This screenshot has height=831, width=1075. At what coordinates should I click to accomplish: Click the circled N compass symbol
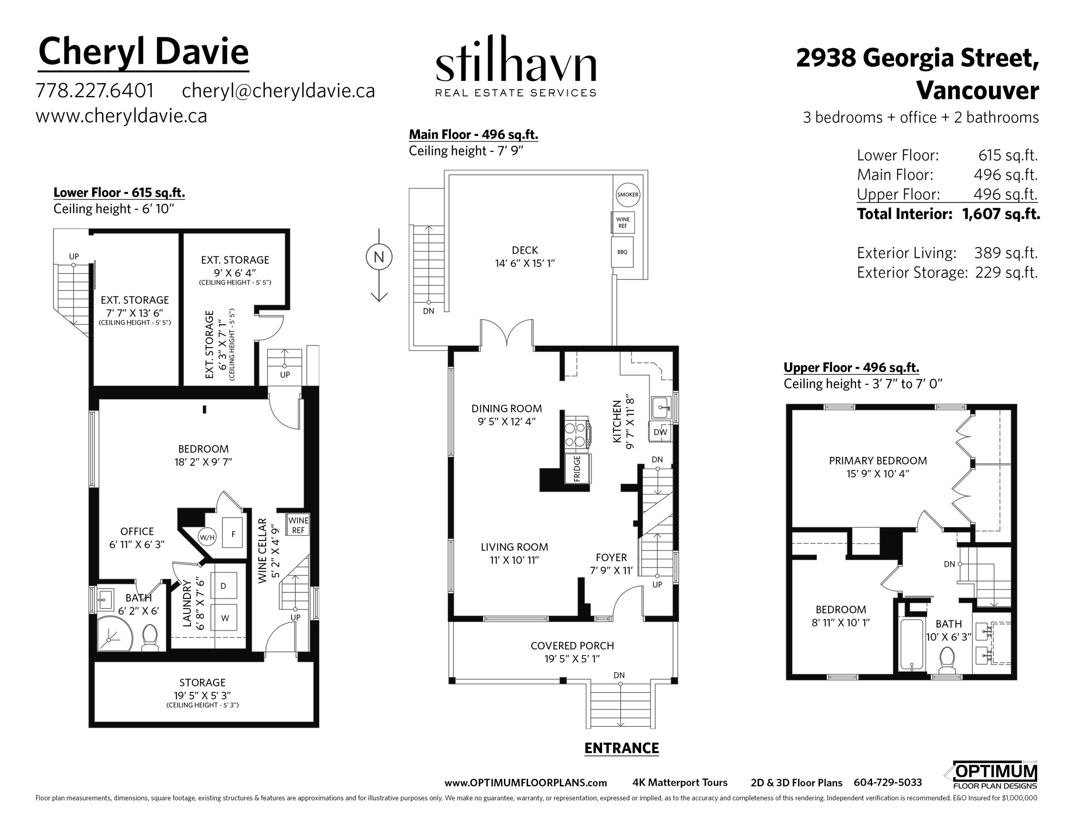pyautogui.click(x=379, y=257)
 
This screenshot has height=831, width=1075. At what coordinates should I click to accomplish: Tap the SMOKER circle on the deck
pyautogui.click(x=627, y=194)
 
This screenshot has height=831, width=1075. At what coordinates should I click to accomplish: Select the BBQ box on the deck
pyautogui.click(x=622, y=252)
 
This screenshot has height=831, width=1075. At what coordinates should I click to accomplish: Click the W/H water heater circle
pyautogui.click(x=207, y=537)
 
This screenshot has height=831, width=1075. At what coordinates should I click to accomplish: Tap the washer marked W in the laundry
pyautogui.click(x=224, y=618)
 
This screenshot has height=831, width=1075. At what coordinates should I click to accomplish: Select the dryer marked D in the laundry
pyautogui.click(x=224, y=586)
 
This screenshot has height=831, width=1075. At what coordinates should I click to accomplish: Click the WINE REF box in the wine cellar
pyautogui.click(x=298, y=525)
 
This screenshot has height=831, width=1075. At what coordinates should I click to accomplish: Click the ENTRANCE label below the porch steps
pyautogui.click(x=621, y=748)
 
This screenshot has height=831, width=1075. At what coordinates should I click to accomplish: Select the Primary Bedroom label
pyautogui.click(x=878, y=461)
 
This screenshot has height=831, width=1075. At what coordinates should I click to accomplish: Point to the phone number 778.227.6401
pyautogui.click(x=95, y=91)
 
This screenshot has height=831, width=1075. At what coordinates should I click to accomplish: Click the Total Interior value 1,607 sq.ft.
pyautogui.click(x=1001, y=214)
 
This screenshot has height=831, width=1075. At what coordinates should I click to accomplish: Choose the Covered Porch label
pyautogui.click(x=572, y=646)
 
